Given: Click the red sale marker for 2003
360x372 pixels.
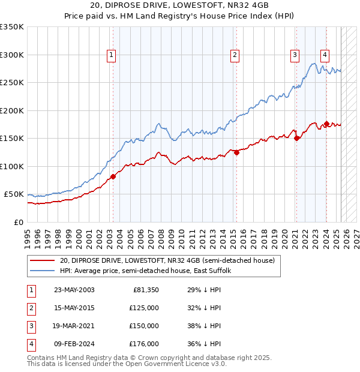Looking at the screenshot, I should click(x=113, y=176).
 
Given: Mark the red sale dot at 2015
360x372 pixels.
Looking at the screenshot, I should click(x=236, y=152).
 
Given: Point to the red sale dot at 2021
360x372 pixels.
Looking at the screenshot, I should click(x=296, y=138).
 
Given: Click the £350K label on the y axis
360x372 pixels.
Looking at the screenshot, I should click(x=12, y=27).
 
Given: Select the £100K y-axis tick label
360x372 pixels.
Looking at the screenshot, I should click(x=12, y=166).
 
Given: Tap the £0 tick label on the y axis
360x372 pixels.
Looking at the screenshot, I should click(x=18, y=222).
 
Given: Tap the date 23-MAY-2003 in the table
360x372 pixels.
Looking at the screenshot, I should click(x=74, y=290).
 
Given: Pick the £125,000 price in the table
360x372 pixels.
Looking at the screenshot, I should click(x=144, y=308).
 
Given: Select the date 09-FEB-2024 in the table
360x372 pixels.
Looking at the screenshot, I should click(x=74, y=344).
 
